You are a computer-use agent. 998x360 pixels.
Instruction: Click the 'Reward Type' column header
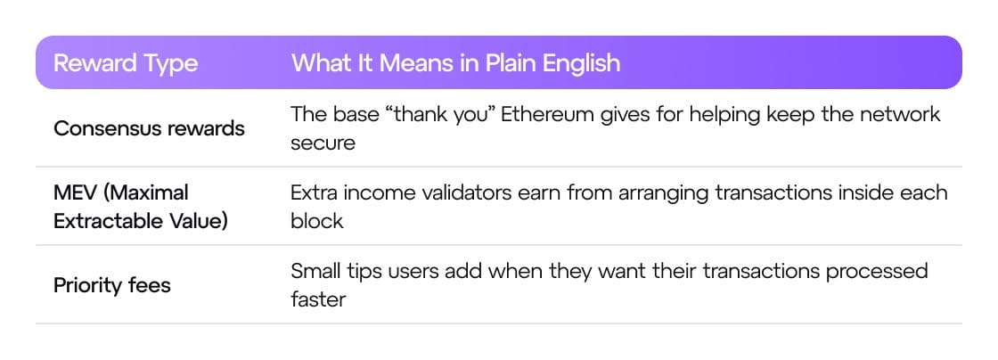point(126,63)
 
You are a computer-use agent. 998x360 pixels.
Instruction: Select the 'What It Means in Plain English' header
point(455,63)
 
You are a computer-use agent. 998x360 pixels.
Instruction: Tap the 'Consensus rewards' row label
point(149,128)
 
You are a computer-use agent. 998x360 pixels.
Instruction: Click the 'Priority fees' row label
point(112,285)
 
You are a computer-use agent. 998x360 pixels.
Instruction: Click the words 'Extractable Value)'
point(141,221)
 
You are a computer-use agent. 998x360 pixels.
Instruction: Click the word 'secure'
point(323,143)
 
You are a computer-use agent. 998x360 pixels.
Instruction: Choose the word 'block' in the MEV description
point(317,221)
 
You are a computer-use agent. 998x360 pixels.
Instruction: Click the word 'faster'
point(318,299)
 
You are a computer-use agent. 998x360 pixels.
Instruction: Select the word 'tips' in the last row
point(376,272)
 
